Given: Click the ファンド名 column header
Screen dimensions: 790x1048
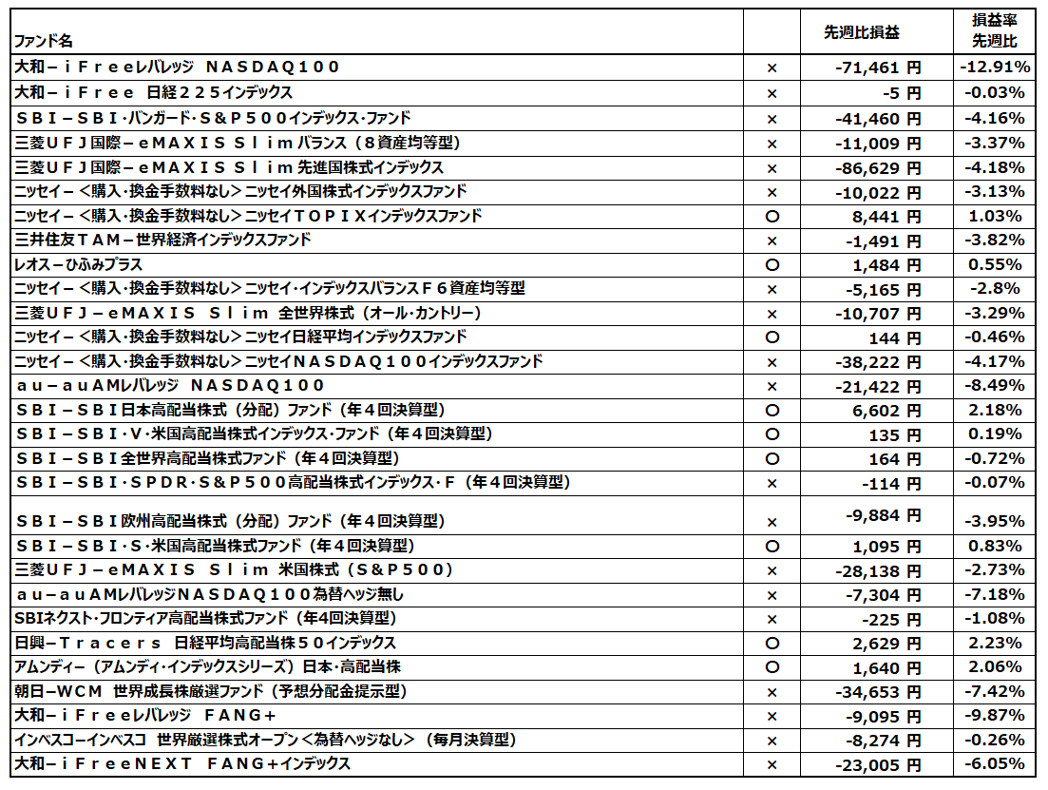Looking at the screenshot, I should [43, 42].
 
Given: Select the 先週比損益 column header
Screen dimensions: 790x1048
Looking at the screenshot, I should [861, 32].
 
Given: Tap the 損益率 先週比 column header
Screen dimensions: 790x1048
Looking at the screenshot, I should [994, 31].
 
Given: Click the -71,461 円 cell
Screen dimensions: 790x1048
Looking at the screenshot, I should [873, 67].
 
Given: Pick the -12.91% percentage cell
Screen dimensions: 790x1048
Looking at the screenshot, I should [994, 67].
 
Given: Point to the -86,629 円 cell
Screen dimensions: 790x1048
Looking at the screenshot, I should [873, 167].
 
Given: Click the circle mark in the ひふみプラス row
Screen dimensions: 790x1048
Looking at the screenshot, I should [772, 265].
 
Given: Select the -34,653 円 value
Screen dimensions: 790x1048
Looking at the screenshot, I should [873, 691].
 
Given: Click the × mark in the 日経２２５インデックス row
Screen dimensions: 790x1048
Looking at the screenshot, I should [772, 93].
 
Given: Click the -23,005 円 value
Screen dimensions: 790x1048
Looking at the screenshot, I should [873, 764].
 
